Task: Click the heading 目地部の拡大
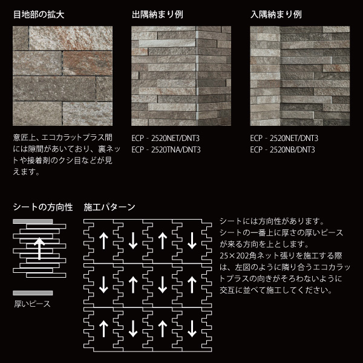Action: coord(39,15)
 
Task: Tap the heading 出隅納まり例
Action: coord(157,15)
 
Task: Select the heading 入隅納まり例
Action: coord(276,15)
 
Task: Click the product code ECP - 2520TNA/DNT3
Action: coord(166,150)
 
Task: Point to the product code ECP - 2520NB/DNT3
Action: coord(283,150)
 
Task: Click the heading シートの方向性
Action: coord(43,207)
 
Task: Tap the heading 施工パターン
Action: coord(110,207)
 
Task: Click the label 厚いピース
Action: coord(33,304)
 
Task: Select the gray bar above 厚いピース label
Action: coord(33,293)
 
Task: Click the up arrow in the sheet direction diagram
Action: coord(39,249)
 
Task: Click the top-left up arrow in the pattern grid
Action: coord(103,241)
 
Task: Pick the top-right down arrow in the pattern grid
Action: coord(192,241)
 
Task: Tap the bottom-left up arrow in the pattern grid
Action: coord(103,329)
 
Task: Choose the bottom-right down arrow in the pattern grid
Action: coord(192,329)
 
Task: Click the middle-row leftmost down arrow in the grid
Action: coord(103,285)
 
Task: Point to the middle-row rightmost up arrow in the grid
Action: coord(192,285)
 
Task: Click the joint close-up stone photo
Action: coord(62,76)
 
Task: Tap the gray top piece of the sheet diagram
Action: coord(33,221)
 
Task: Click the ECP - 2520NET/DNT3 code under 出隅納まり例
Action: coord(165,139)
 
